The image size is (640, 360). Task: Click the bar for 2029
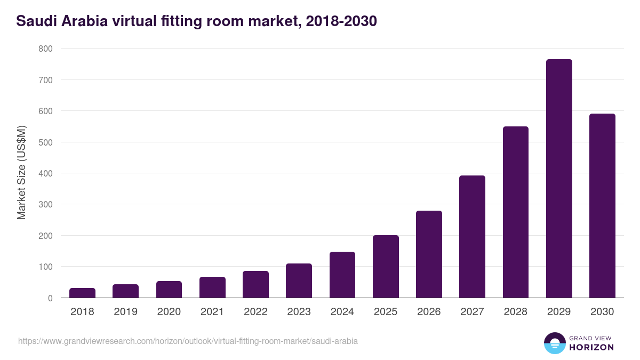(559, 179)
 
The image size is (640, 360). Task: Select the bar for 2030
(602, 206)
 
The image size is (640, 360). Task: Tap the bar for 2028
(515, 212)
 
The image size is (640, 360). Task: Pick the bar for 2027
(472, 237)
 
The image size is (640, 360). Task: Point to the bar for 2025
(386, 267)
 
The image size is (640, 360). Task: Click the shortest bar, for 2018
(82, 293)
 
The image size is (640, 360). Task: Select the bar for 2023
(299, 281)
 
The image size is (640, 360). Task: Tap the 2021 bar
(212, 287)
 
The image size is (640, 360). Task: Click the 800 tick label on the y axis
(45, 49)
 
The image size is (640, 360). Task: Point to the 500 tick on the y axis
(45, 142)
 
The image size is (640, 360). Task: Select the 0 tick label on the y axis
(50, 298)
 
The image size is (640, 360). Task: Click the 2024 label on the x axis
(342, 312)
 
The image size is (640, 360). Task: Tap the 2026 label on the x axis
(429, 312)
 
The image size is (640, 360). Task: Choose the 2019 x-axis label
(125, 312)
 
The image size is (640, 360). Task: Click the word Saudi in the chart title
(35, 21)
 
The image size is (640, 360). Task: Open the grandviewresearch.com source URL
(188, 341)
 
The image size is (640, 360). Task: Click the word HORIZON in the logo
(591, 347)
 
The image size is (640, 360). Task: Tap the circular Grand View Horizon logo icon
(554, 343)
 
